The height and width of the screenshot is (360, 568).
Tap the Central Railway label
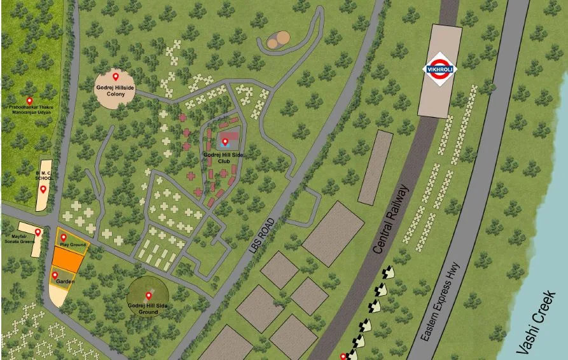pos(390,219)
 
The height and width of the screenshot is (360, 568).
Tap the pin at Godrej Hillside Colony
pos(116,77)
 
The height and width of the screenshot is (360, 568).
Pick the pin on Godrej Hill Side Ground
pos(149,295)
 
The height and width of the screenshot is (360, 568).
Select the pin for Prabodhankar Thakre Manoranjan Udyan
pos(29,100)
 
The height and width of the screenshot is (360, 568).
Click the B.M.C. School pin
pos(43,189)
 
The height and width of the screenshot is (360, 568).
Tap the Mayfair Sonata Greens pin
pos(38,232)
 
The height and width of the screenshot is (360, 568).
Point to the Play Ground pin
pos(63,237)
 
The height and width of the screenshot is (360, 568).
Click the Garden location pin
pos(55,275)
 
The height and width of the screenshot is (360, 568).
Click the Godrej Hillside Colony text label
pos(116,90)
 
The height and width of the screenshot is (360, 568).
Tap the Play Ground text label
pos(73,245)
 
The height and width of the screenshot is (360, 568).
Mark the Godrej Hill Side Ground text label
pos(148,309)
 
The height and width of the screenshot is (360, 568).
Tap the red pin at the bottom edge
pos(344,356)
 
